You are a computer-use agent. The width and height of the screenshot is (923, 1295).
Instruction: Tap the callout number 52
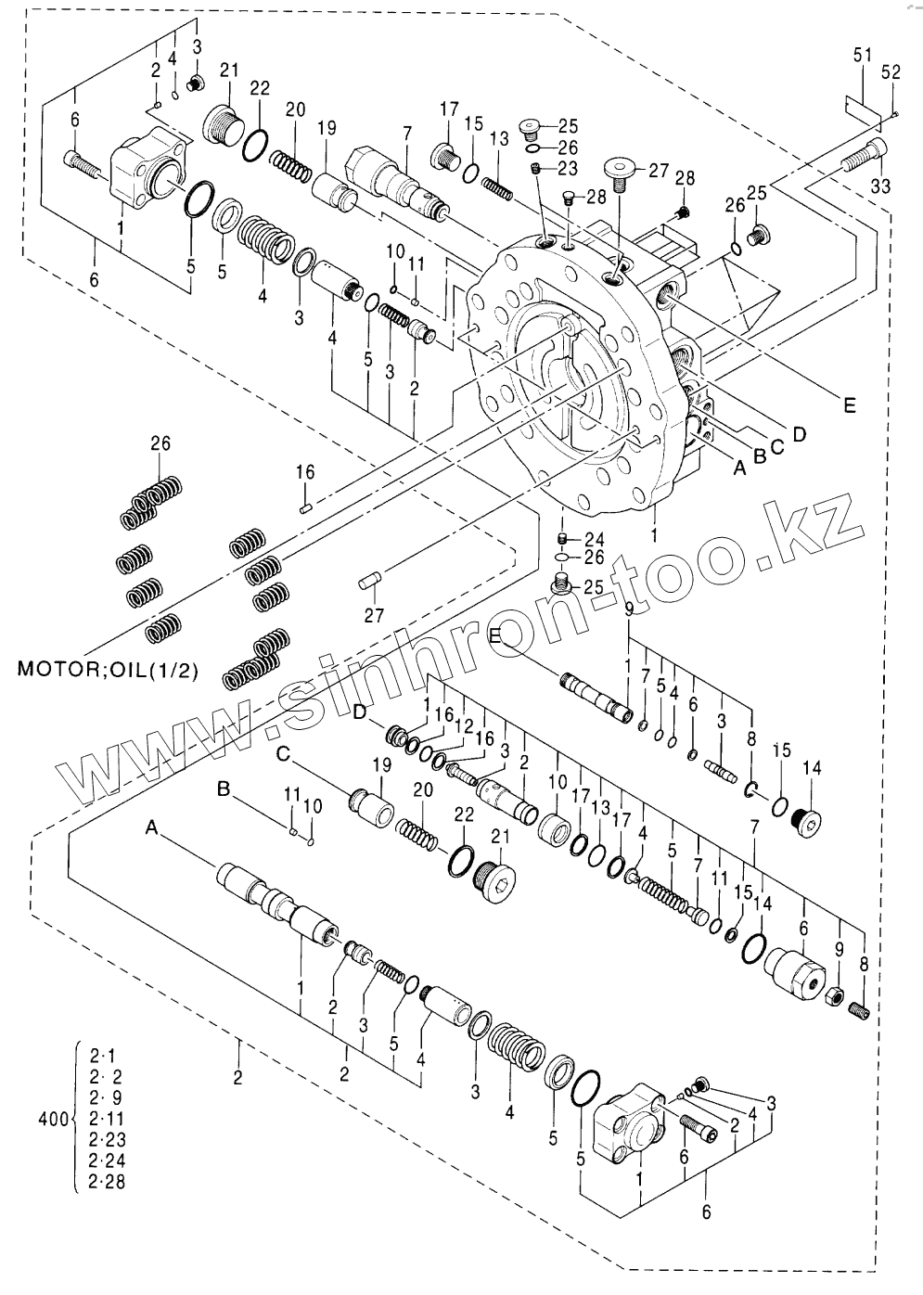[x=891, y=71]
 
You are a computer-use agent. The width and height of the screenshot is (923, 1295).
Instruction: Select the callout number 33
[x=879, y=186]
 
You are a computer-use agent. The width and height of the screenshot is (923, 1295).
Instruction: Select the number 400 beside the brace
[x=53, y=1120]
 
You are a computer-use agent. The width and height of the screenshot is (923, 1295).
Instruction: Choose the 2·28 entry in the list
[x=108, y=1181]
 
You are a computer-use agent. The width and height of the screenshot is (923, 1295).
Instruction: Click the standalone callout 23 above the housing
[x=568, y=168]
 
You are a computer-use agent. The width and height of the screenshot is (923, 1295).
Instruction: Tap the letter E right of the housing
[x=850, y=405]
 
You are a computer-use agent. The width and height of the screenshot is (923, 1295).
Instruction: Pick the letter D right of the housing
[x=799, y=433]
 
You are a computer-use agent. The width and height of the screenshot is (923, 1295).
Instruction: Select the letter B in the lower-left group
[x=223, y=788]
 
